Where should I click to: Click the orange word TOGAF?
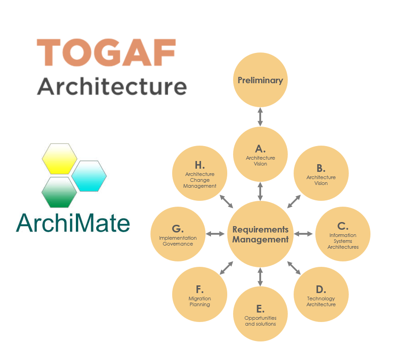coord(106,53)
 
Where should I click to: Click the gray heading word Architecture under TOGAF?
coord(112,86)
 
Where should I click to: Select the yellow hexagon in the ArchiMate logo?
coord(59,158)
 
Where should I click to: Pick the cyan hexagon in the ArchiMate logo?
coord(89,175)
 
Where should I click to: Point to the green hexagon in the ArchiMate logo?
coord(59,192)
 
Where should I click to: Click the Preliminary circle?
coord(260,81)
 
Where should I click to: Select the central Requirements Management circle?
coord(260,234)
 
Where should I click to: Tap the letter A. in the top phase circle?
coord(260,148)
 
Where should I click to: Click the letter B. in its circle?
coord(321,168)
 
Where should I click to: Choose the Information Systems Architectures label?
coord(343,241)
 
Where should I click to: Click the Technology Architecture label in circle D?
coord(321,301)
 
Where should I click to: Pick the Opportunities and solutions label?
coord(260,321)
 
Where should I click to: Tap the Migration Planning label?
coord(200,301)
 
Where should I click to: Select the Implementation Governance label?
coord(178,241)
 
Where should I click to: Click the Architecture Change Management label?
coord(200,180)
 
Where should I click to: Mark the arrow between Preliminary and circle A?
coord(260,117)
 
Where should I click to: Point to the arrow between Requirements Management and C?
coord(303,234)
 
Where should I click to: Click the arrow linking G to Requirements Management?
coord(215,234)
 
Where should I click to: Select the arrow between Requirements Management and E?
coord(260,277)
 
